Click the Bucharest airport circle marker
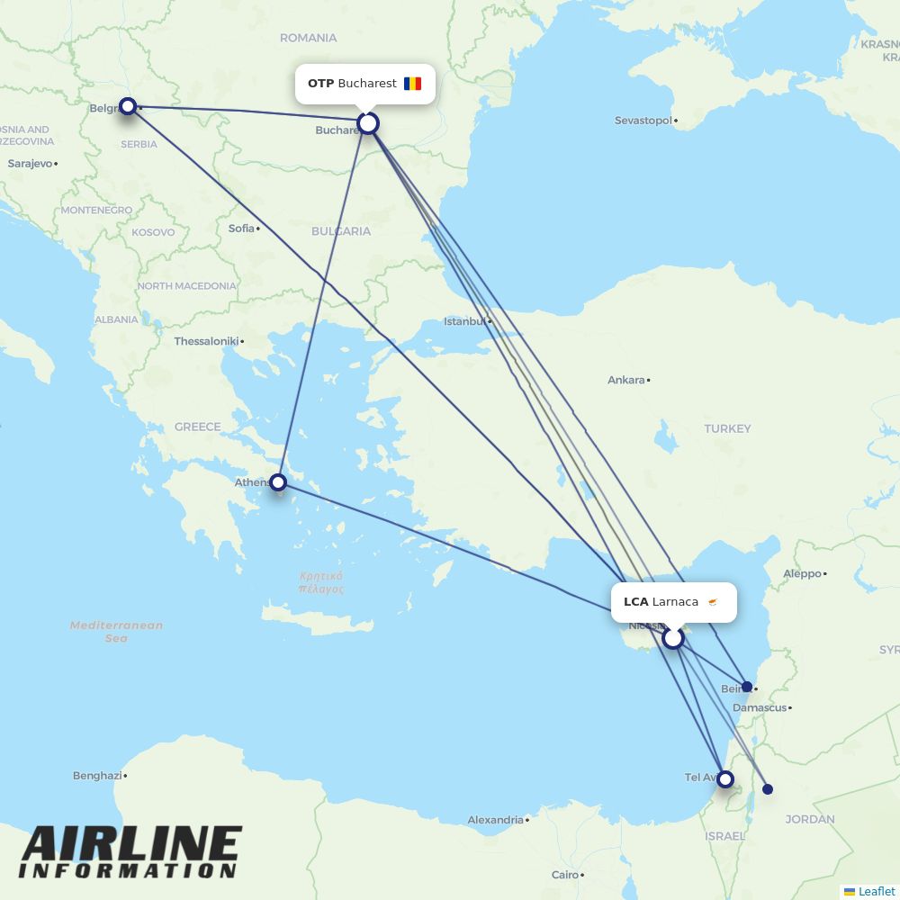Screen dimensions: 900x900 tap(367, 123)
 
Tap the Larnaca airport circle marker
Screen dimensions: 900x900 tap(673, 638)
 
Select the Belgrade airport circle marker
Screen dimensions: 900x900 tap(128, 106)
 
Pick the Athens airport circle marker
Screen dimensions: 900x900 tap(279, 482)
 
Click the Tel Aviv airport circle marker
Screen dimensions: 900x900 tap(724, 779)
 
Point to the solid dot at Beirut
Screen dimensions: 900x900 tap(747, 687)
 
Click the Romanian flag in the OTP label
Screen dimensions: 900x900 tap(412, 84)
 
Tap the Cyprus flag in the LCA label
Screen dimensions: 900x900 tap(714, 602)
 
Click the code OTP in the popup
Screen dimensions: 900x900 tap(320, 84)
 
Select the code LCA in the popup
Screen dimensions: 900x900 tap(635, 602)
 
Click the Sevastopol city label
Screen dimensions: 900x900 tap(643, 121)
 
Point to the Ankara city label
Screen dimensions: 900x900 tap(625, 380)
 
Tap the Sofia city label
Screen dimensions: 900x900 tap(241, 229)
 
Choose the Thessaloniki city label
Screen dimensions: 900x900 tap(206, 342)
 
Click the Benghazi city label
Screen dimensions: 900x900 tap(97, 776)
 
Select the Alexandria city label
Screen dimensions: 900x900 tap(495, 820)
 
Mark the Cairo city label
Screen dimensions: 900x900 tap(565, 875)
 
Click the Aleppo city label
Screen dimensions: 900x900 tap(802, 573)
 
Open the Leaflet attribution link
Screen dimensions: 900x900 tap(876, 891)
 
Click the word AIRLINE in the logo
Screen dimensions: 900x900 tap(131, 846)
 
